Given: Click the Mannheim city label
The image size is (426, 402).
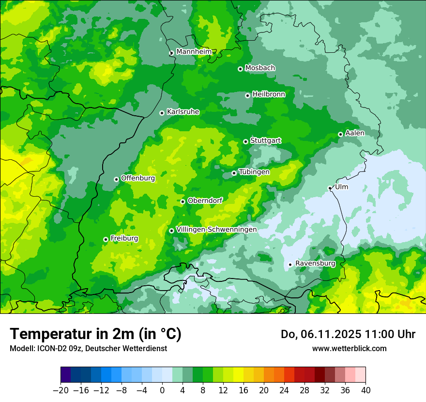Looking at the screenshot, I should point(194,52).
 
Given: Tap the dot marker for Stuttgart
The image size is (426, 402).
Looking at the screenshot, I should point(245,141).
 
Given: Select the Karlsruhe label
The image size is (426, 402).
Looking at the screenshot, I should point(183,112).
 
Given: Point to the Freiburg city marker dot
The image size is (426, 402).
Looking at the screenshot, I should point(106,239).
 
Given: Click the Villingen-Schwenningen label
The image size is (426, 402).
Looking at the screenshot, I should point(216,230).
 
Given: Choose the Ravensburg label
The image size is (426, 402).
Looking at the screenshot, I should point(315,263).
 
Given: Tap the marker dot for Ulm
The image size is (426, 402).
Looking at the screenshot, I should point(330,188).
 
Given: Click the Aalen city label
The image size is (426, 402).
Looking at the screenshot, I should point(355,133).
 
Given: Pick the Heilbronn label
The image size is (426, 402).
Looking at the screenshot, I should point(269,94).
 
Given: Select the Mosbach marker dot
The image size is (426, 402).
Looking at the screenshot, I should point(240,69).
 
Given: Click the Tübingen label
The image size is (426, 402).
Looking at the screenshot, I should point(254,172).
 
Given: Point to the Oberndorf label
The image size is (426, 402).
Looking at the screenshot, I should point(205,201).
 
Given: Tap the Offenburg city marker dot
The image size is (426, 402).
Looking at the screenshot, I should point(116,179).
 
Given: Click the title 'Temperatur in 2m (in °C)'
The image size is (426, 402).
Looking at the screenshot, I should point(95,334).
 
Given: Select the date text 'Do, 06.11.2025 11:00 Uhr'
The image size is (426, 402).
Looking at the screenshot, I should point(348,334).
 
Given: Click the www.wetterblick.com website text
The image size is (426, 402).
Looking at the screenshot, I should point(349,348).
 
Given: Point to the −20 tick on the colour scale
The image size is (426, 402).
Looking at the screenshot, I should point(61,390).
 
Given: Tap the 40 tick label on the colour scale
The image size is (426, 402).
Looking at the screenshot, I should point(365,390).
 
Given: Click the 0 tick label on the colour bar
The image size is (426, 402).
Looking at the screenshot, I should point(162,390).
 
